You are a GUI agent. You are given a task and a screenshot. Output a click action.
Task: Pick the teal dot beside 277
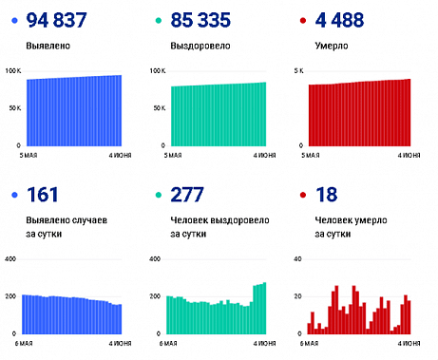(157, 195)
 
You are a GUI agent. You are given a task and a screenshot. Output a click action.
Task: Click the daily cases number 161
(43, 195)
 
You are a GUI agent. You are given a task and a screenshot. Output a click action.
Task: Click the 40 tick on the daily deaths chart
(296, 259)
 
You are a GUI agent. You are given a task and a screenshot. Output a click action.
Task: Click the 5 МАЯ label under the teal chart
(161, 153)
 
